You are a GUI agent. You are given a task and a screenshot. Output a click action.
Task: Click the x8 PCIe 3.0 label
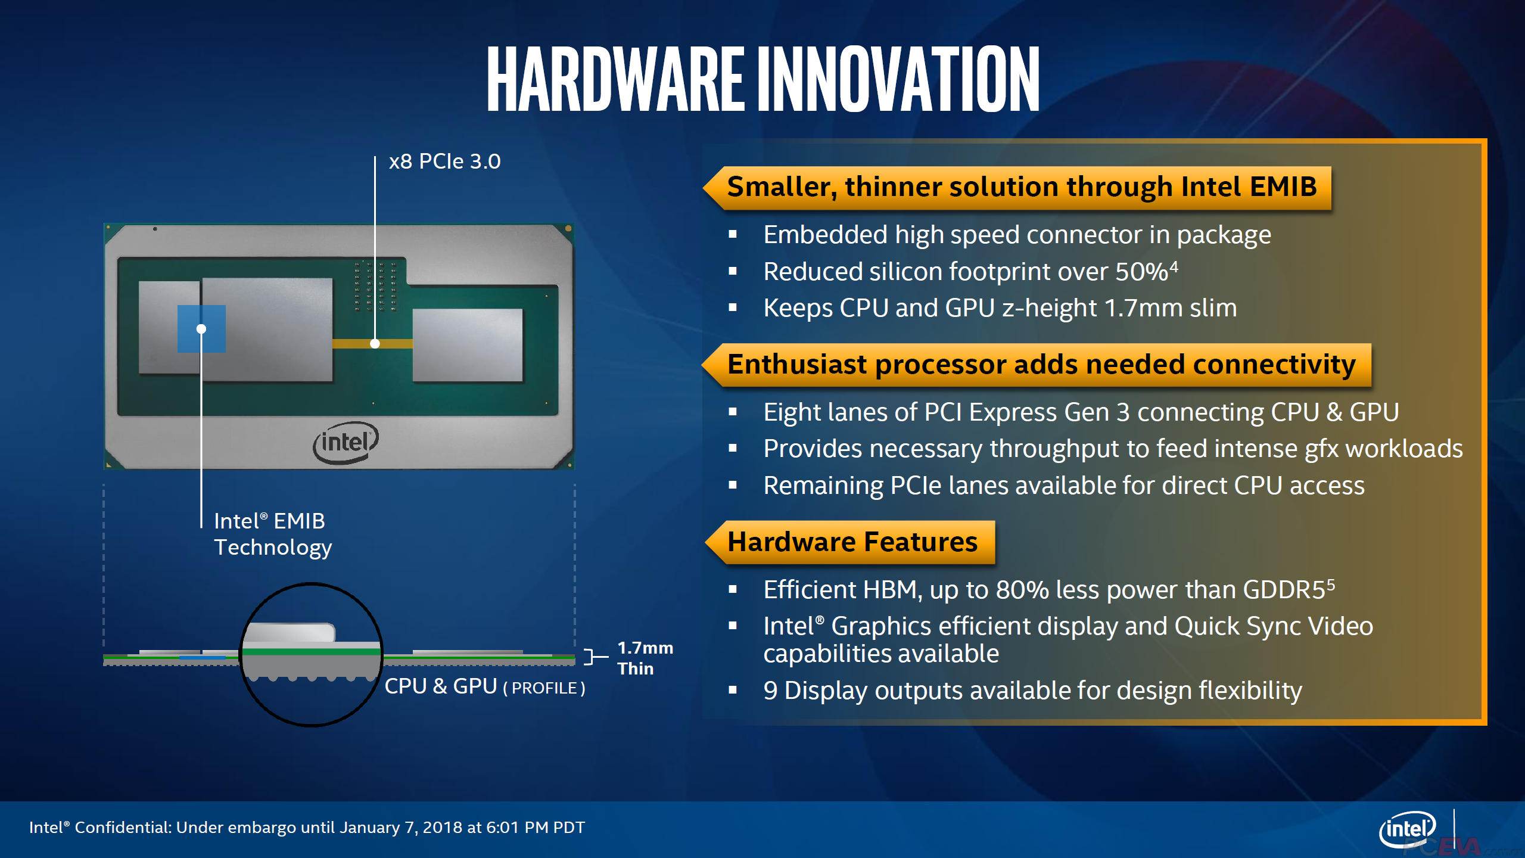pos(444,161)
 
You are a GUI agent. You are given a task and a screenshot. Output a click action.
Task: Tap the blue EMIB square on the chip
pos(201,329)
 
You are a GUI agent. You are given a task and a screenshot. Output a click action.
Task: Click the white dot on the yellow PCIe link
pos(375,344)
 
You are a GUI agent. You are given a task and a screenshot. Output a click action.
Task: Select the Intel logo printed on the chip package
pos(346,442)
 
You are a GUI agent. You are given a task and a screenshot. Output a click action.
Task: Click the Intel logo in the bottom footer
pos(1407,829)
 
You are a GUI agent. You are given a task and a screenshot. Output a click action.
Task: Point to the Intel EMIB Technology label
pos(272,534)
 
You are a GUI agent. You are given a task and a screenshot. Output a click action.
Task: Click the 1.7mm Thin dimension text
pos(645,658)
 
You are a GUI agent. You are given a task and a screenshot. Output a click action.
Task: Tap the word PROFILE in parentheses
pos(544,688)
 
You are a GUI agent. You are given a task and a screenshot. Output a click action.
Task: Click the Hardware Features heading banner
pos(852,542)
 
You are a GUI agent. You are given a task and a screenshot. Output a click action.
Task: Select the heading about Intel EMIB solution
pos(1021,187)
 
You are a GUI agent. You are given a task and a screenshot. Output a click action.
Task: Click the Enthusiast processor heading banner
pos(1041,365)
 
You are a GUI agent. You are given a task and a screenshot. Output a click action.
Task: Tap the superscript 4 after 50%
pos(1174,266)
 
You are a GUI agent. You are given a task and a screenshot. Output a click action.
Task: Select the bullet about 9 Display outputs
pos(1032,691)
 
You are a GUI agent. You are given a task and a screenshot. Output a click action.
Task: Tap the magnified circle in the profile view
pos(311,654)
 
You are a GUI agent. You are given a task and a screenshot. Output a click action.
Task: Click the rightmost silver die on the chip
pos(468,345)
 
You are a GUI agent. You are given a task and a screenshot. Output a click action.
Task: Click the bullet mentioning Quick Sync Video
pos(1067,639)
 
